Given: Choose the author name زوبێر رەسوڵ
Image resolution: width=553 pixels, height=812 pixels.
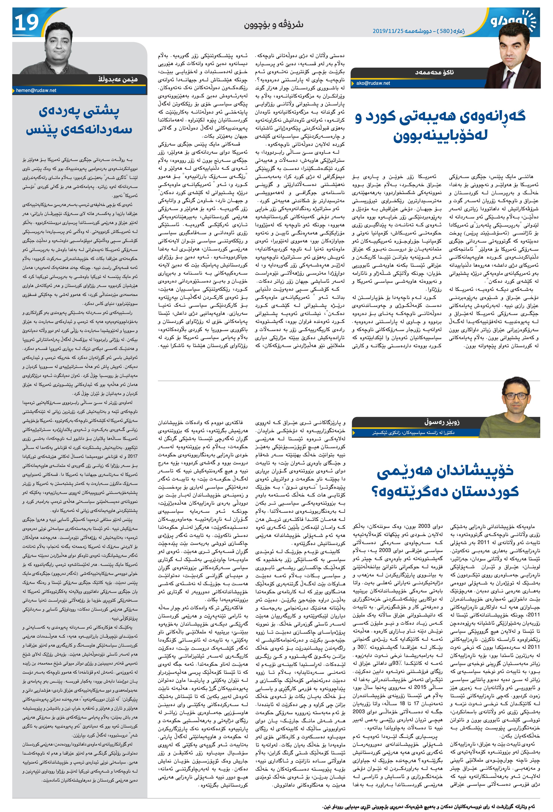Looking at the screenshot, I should tap(440, 422).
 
